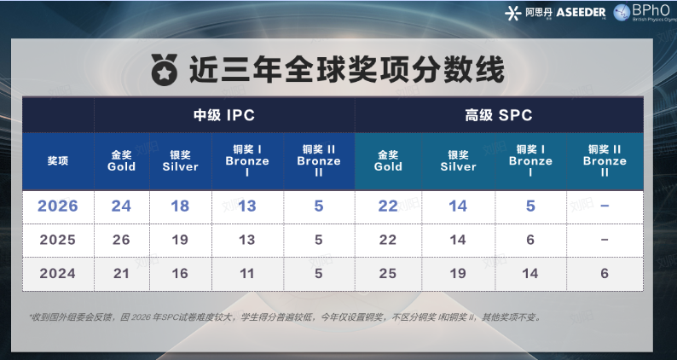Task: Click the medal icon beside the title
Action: pyautogui.click(x=163, y=68)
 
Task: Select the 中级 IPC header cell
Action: pyautogui.click(x=223, y=115)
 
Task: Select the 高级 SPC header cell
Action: pyautogui.click(x=499, y=115)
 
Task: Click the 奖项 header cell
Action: pyautogui.click(x=58, y=160)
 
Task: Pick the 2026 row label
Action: pyautogui.click(x=58, y=206)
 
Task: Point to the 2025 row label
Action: pyautogui.click(x=58, y=240)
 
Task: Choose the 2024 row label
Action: pyautogui.click(x=58, y=274)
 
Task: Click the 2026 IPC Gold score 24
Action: pyautogui.click(x=122, y=206)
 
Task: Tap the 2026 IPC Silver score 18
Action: pyautogui.click(x=180, y=206)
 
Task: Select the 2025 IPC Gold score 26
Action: pyautogui.click(x=122, y=240)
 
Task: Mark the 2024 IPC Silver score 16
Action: pyautogui.click(x=180, y=274)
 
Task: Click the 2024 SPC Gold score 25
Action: pyautogui.click(x=388, y=274)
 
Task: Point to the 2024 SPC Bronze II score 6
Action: pyautogui.click(x=605, y=274)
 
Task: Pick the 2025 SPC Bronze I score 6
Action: pyautogui.click(x=530, y=240)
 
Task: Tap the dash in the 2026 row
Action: pyautogui.click(x=605, y=206)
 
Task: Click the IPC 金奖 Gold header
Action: pyautogui.click(x=122, y=160)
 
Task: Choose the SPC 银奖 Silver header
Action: pyautogui.click(x=459, y=160)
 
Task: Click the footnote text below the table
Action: pyautogui.click(x=284, y=317)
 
